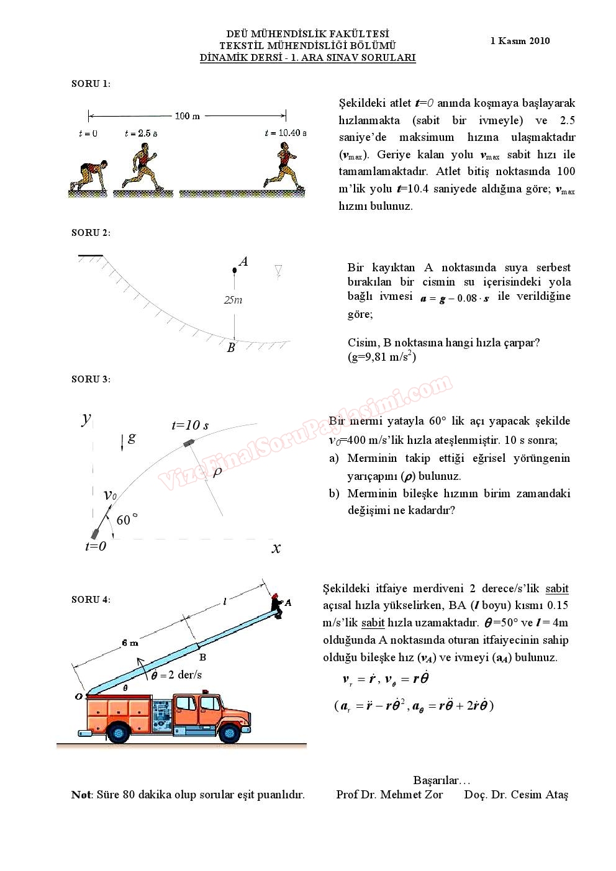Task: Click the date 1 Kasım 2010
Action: click(520, 41)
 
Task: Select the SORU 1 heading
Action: click(91, 84)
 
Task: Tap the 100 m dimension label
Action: click(187, 116)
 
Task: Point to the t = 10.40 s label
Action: click(285, 133)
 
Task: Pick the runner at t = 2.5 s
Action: click(143, 166)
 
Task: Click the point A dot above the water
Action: click(234, 270)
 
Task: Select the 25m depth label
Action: click(233, 300)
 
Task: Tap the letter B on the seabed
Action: click(231, 348)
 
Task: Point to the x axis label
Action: click(276, 548)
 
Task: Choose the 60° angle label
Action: click(127, 520)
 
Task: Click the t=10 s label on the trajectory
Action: click(190, 425)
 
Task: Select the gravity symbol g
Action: click(132, 438)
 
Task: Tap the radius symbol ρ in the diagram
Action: click(217, 472)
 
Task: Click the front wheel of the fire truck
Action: click(230, 732)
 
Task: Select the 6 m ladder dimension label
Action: click(130, 643)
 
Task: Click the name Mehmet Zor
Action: click(411, 795)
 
